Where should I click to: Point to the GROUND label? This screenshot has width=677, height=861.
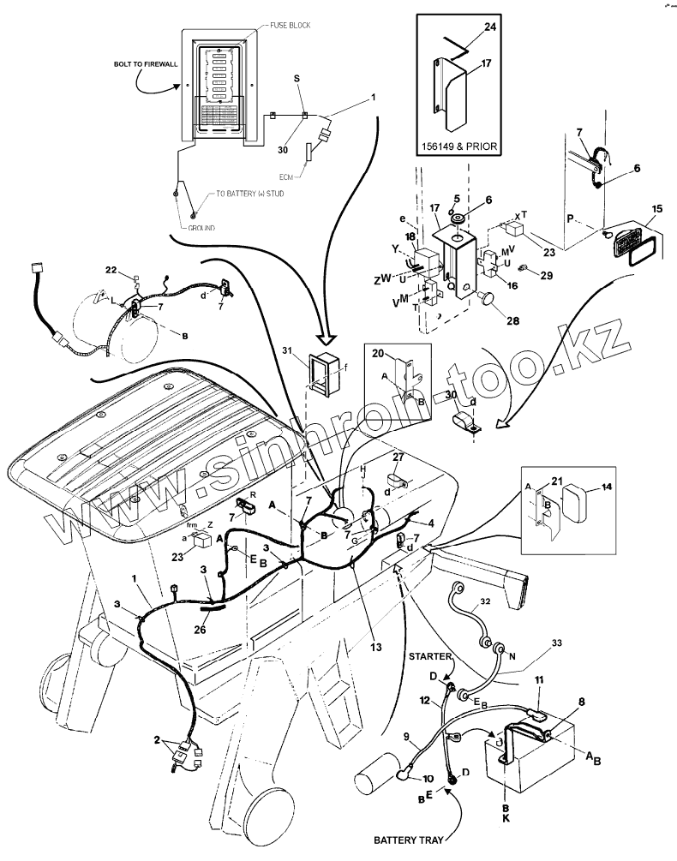[x=201, y=229]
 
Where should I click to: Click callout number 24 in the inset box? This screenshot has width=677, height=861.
[x=489, y=27]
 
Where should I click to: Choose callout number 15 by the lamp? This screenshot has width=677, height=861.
[x=657, y=208]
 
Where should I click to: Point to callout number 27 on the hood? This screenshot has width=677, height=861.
[x=398, y=457]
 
